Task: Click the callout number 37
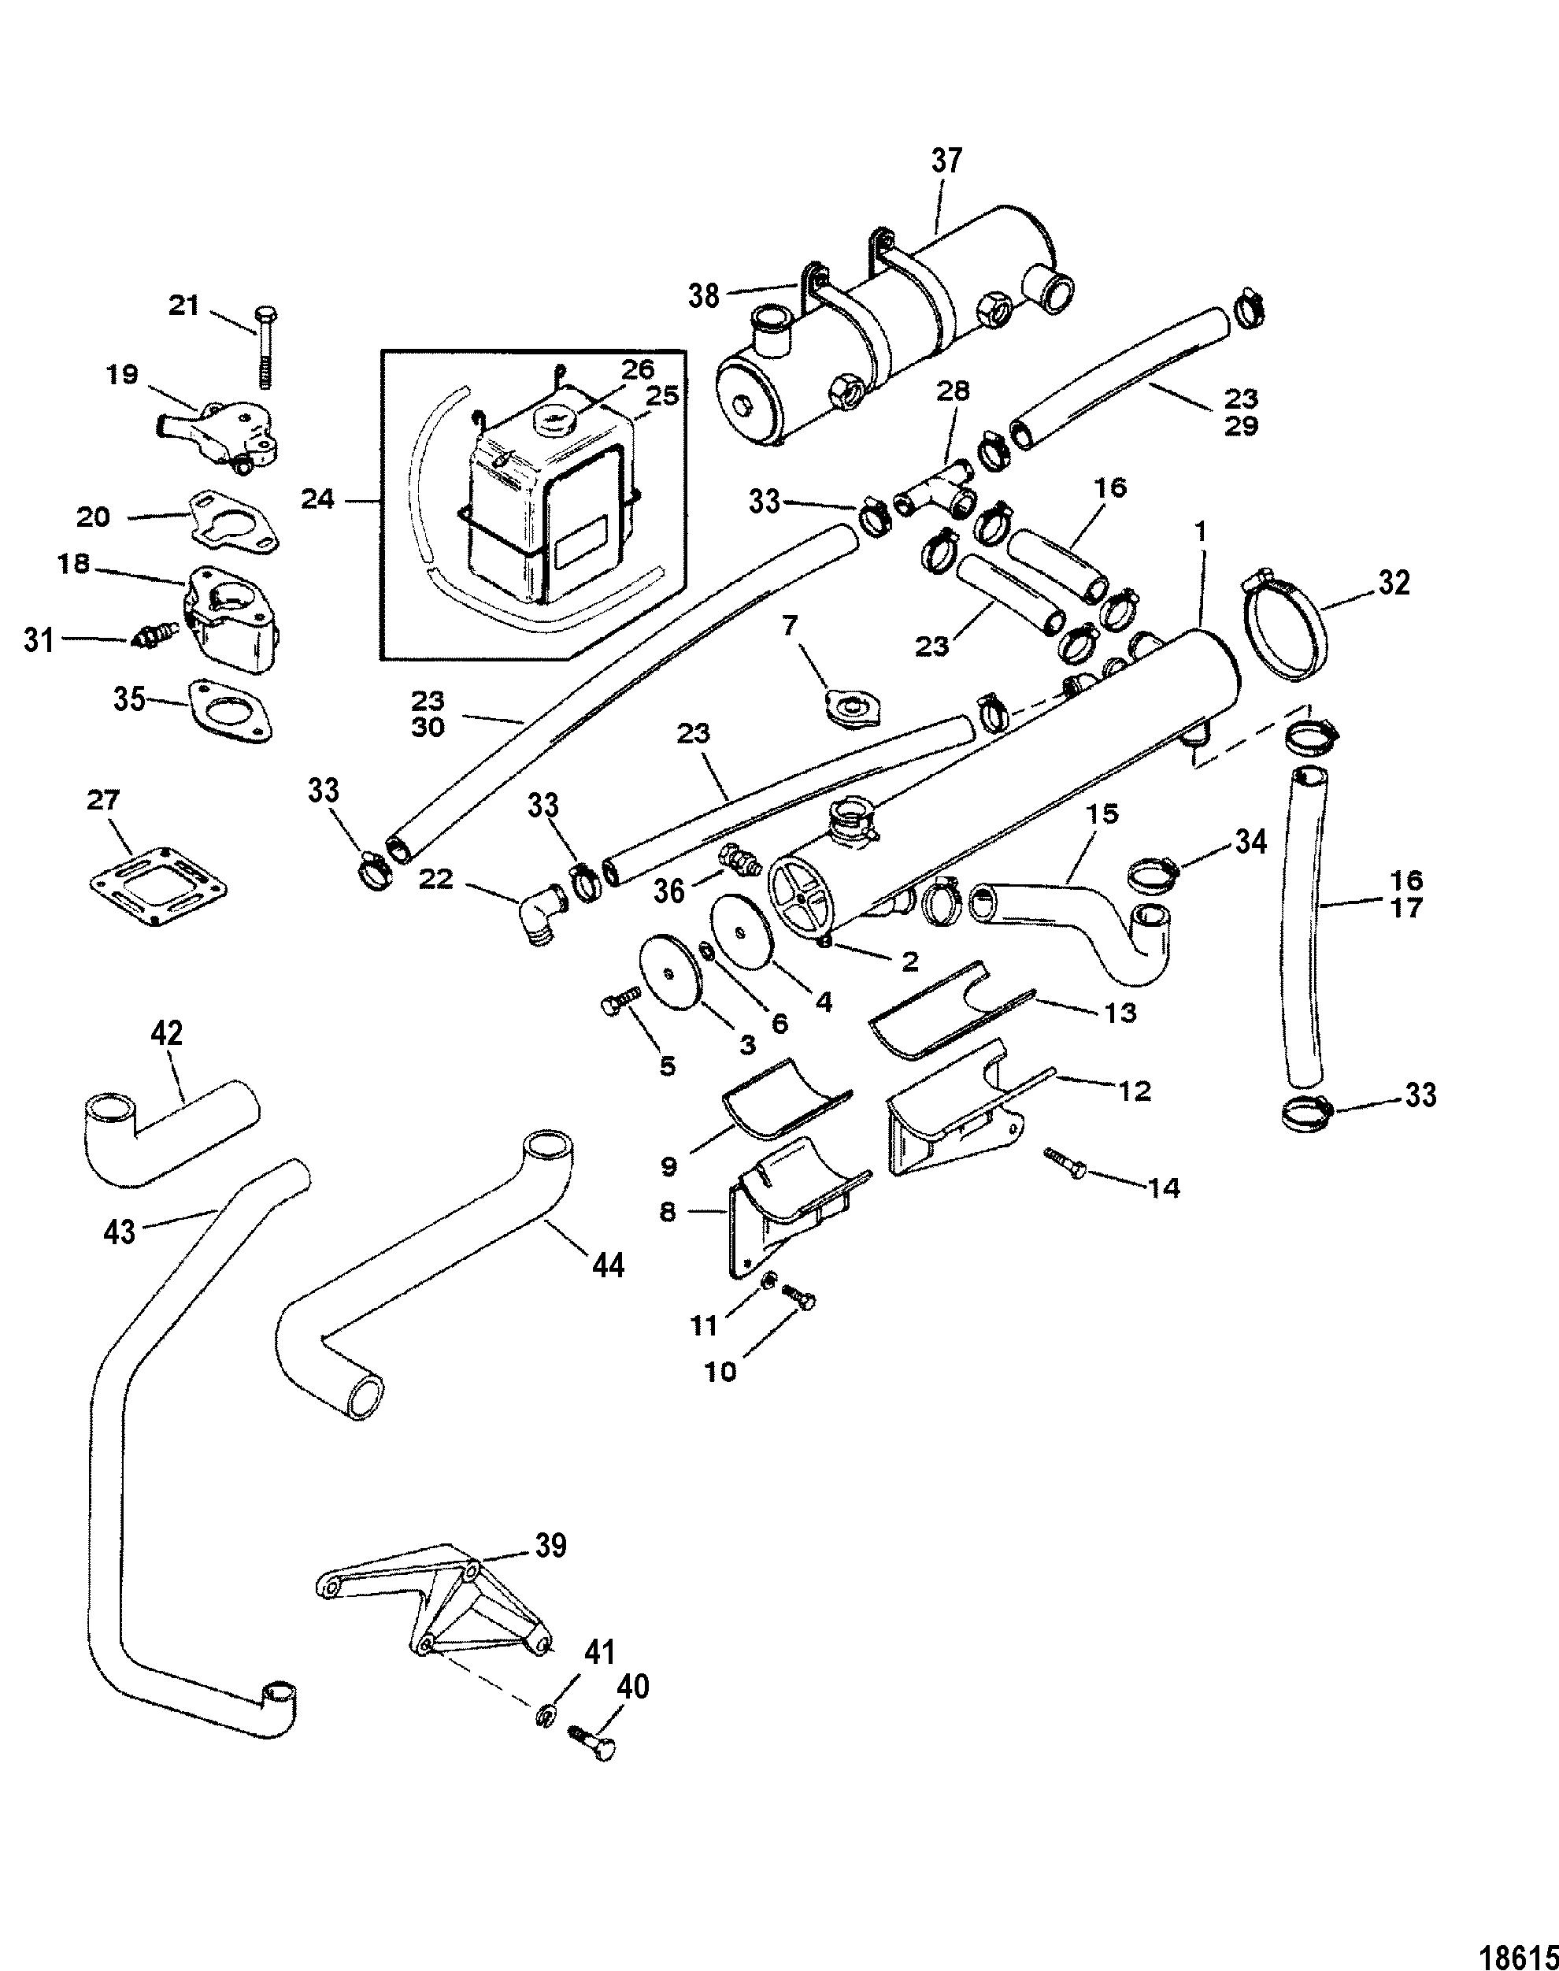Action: pos(946,161)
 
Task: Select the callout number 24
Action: pos(317,499)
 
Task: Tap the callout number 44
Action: pos(608,1265)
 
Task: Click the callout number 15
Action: pos(1102,814)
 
